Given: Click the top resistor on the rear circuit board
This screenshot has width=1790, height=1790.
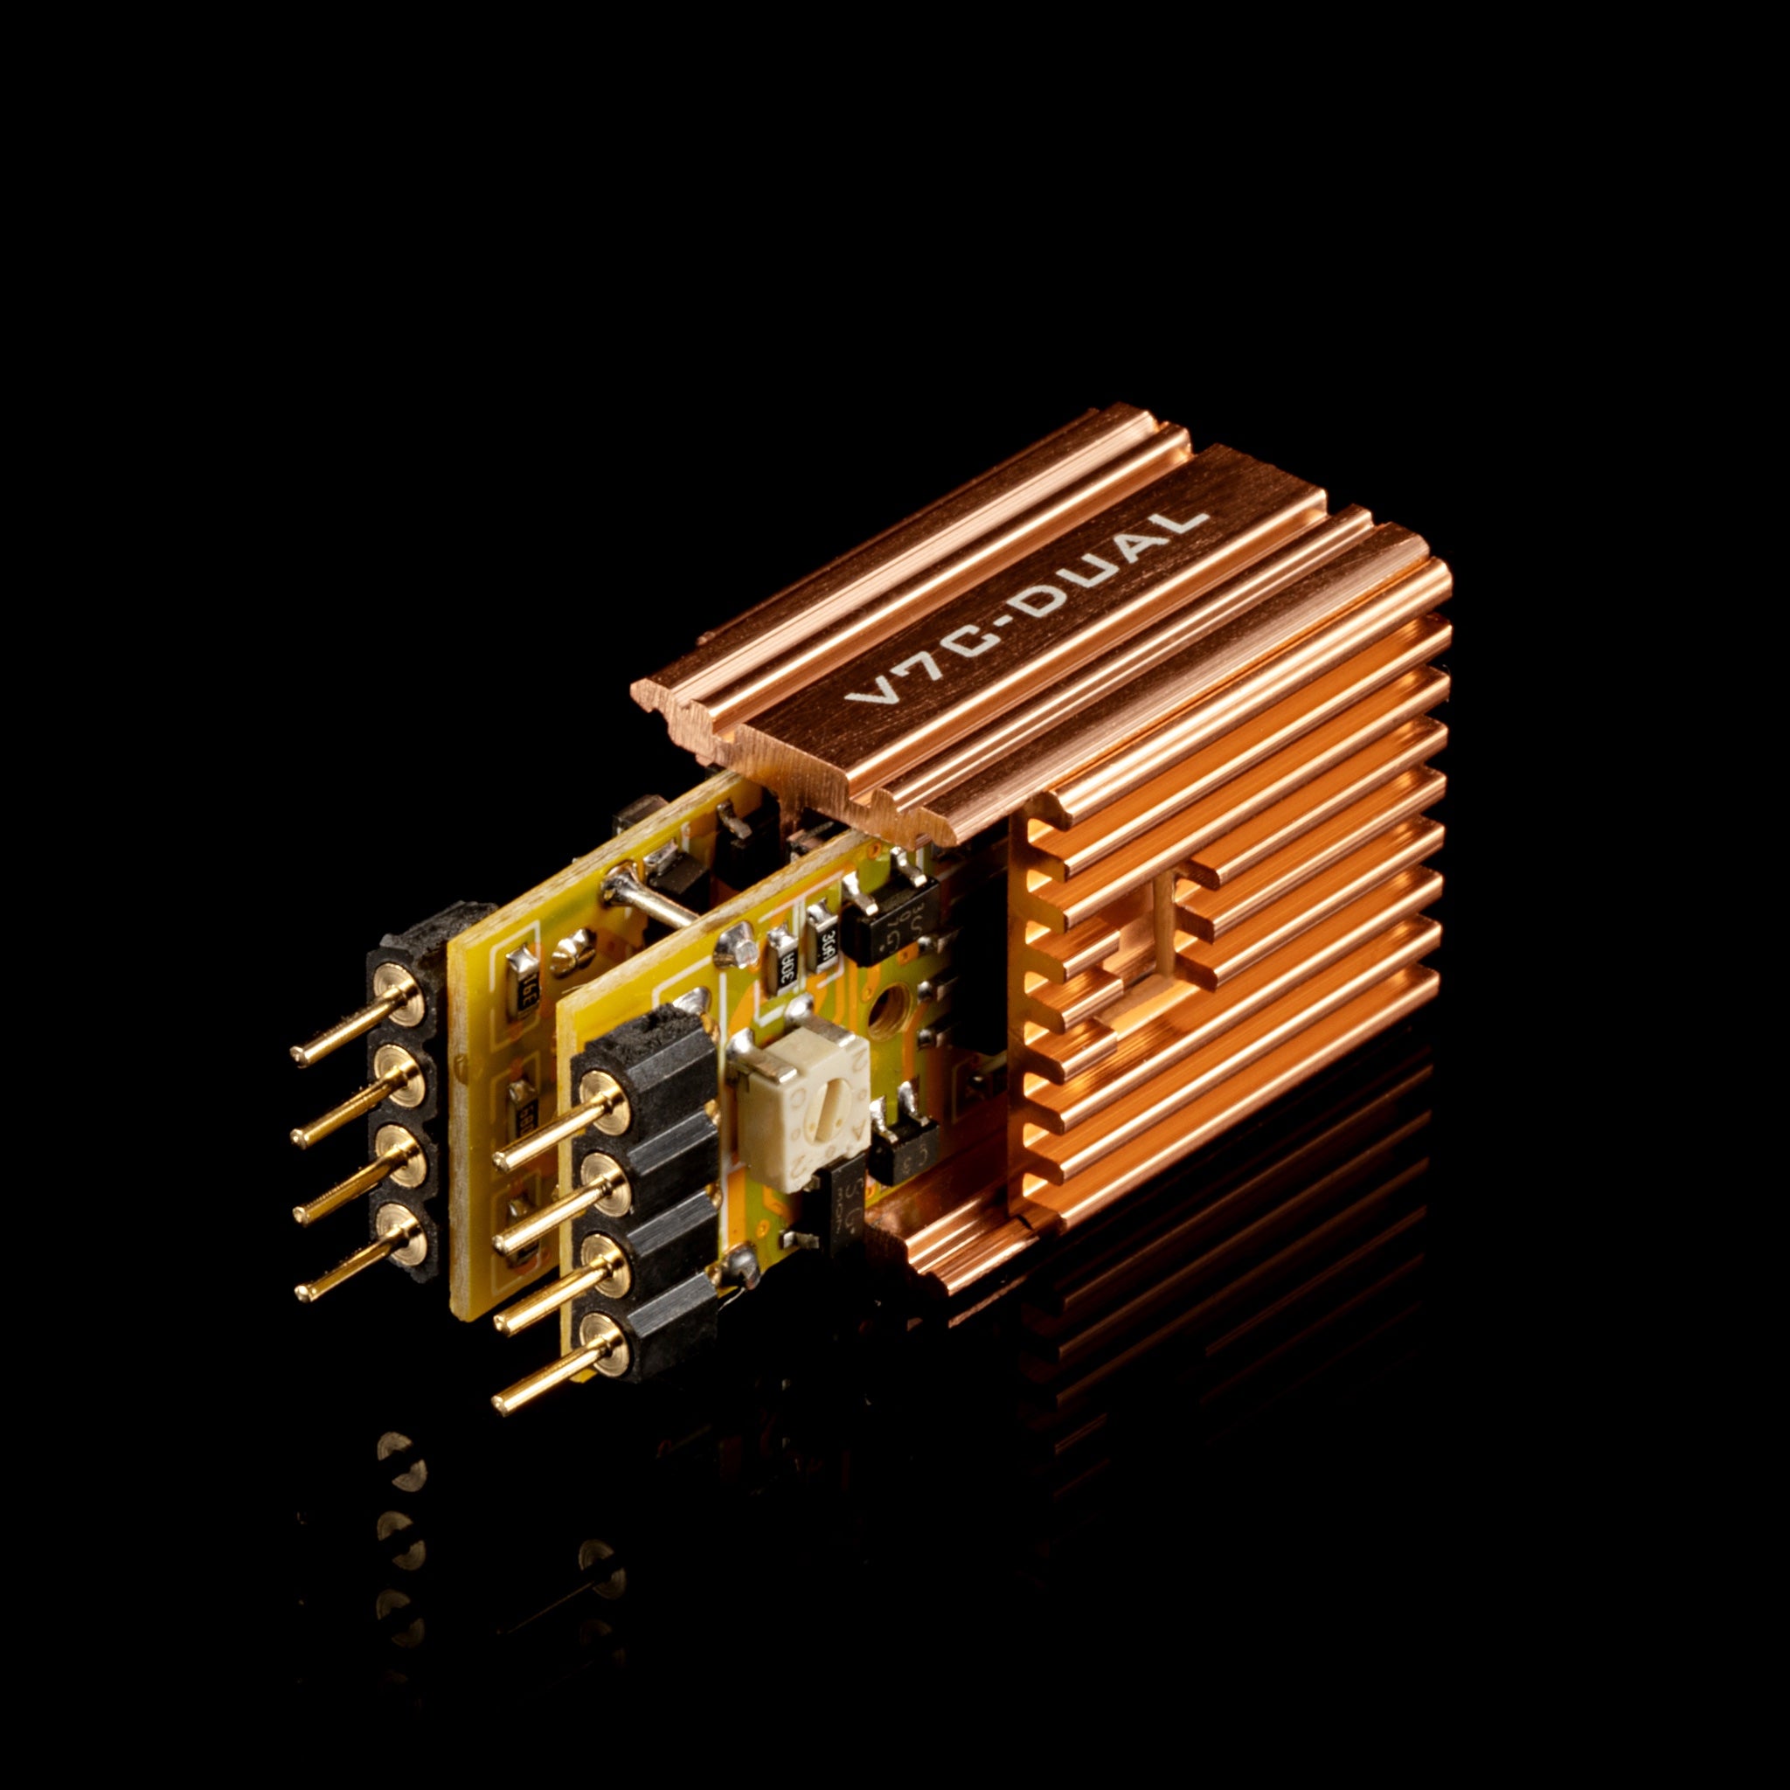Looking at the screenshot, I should [x=522, y=968].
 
